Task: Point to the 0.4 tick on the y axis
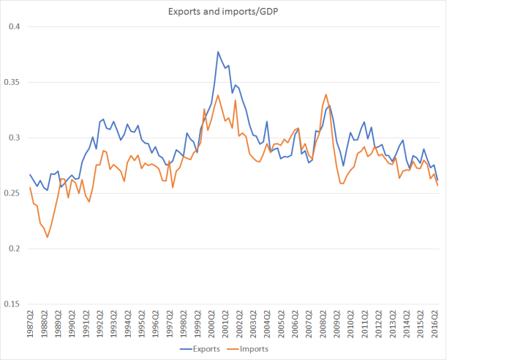coord(17,27)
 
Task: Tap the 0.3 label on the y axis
coord(17,138)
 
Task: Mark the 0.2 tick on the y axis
coord(17,249)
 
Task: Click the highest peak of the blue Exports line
coord(218,52)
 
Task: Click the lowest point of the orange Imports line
coord(48,237)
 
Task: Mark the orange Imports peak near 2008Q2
coord(325,94)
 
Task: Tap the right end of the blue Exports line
coord(437,180)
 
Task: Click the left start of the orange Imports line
coord(30,187)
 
